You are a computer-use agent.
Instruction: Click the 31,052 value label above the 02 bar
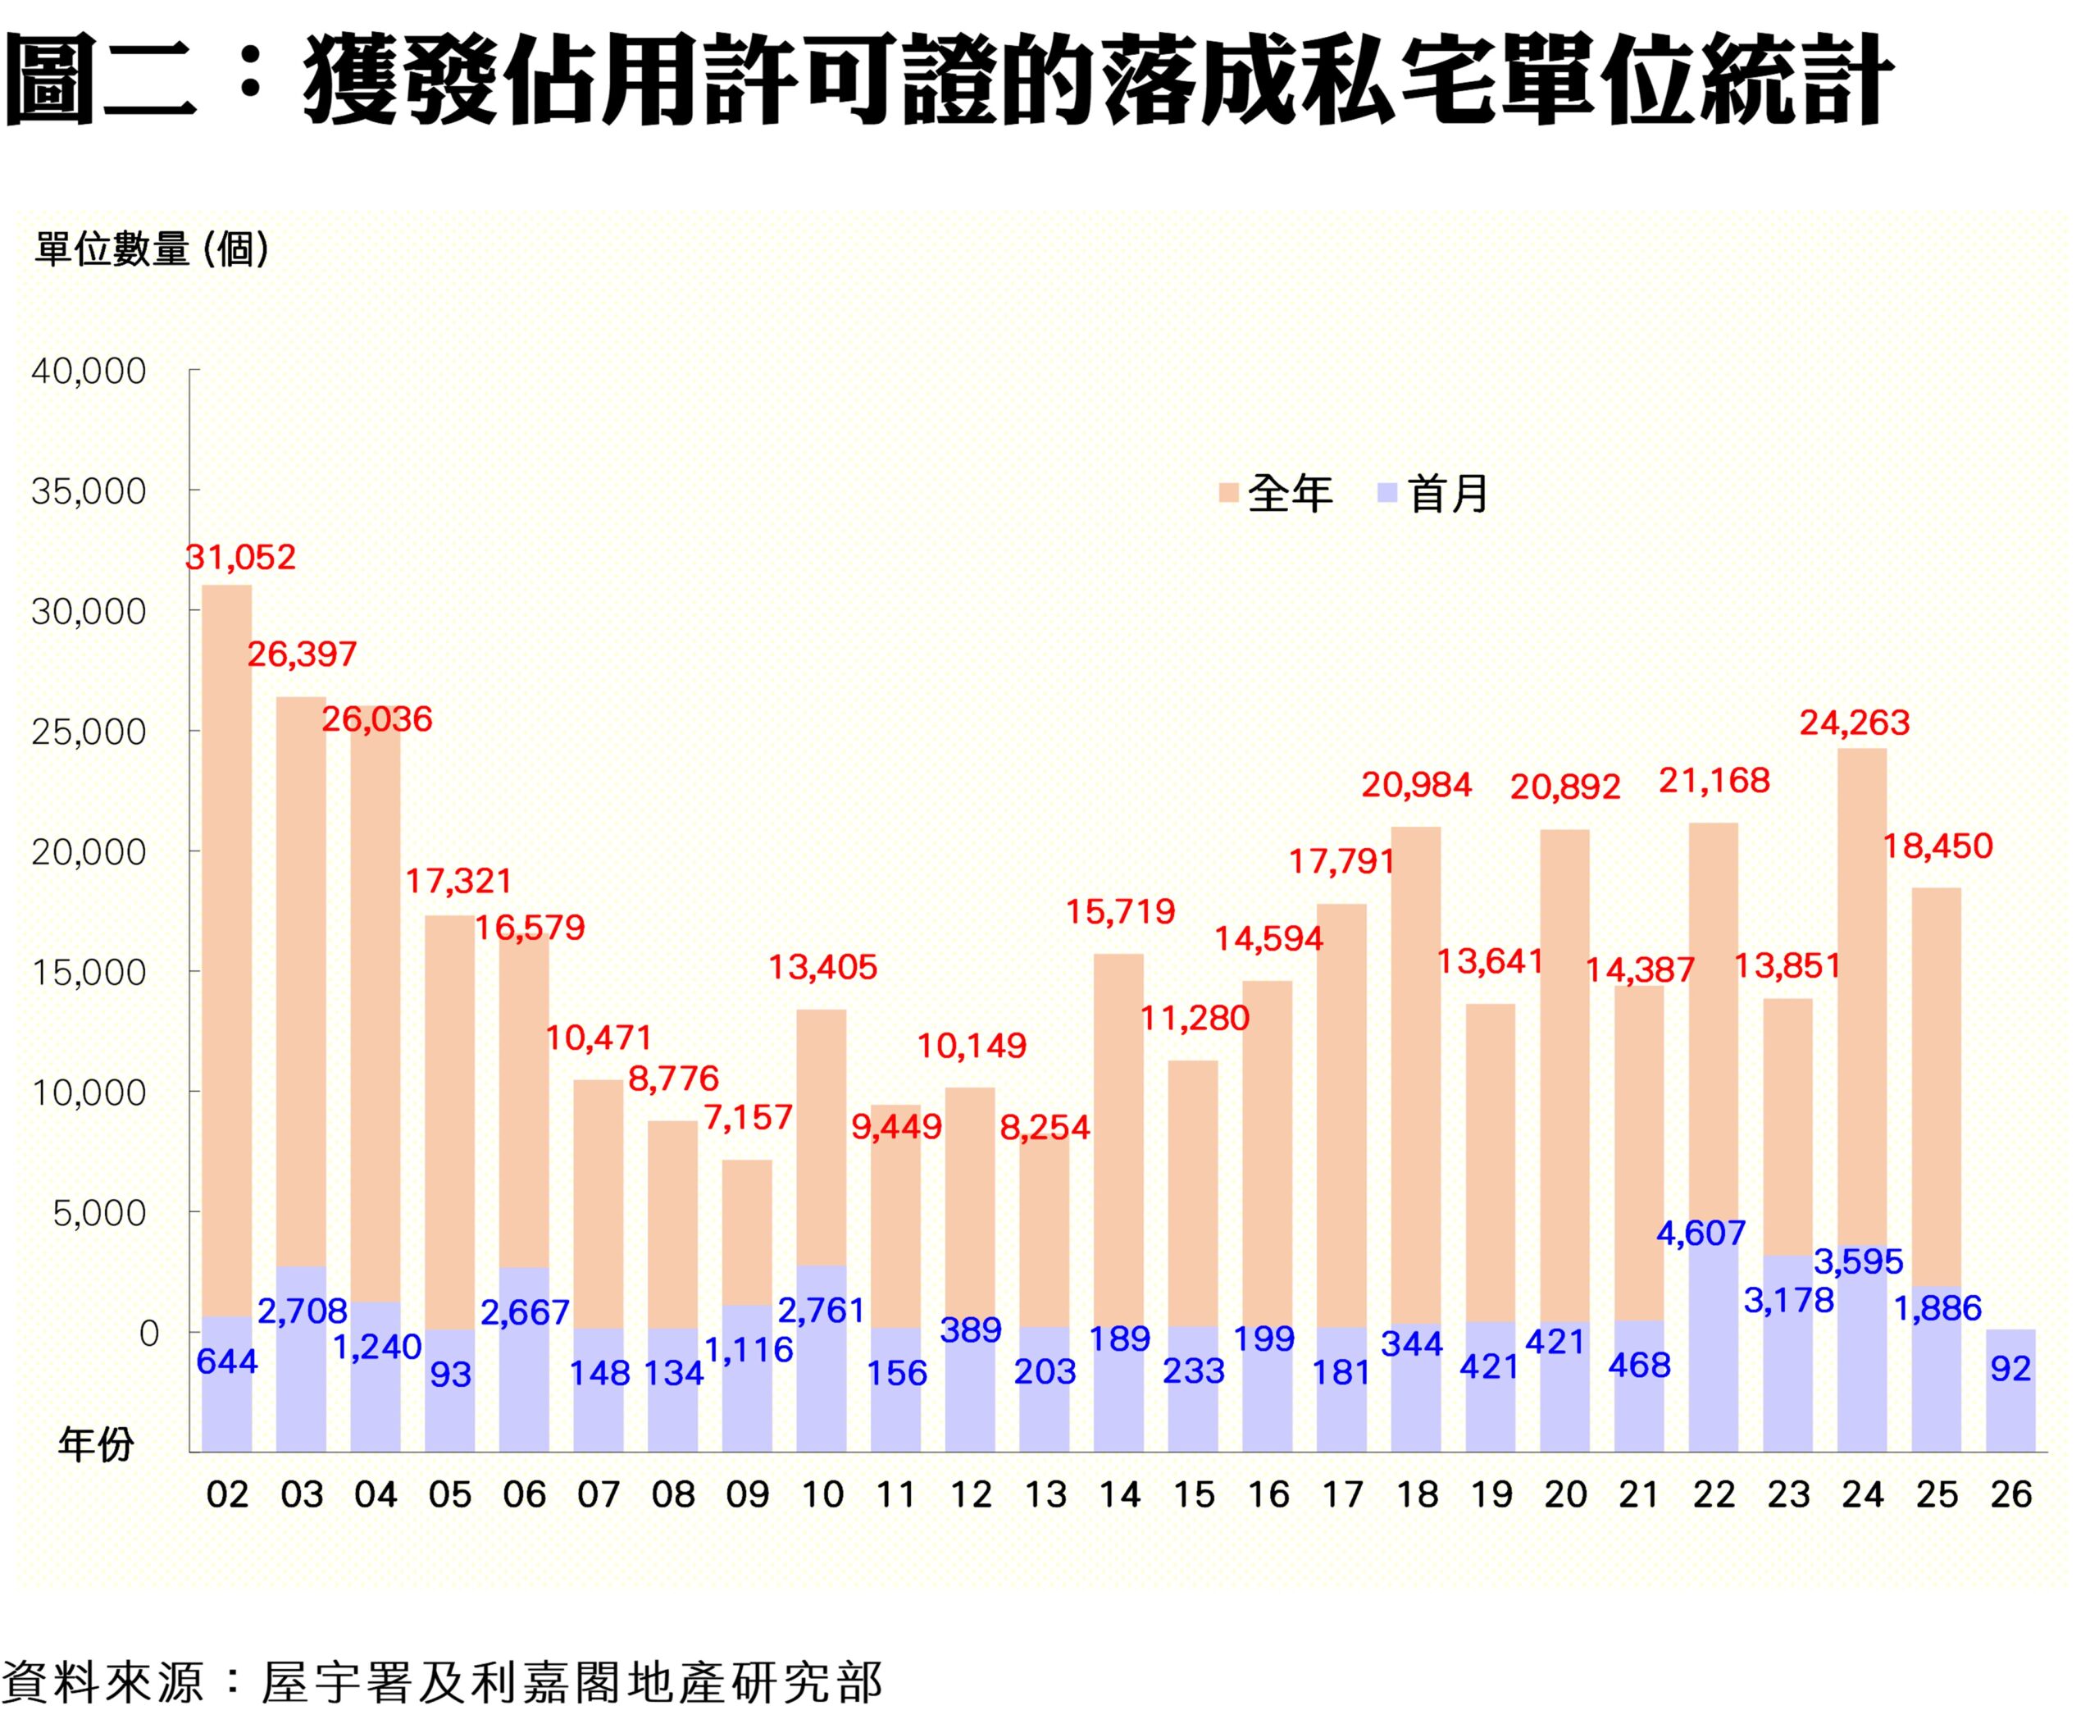click(x=241, y=557)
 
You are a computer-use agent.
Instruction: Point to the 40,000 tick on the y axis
click(x=89, y=372)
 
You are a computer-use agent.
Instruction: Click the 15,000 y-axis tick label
click(x=89, y=972)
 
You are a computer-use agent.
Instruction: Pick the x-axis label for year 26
click(x=2010, y=1494)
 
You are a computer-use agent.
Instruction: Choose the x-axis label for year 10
click(x=822, y=1494)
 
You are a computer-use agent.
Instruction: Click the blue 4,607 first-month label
click(x=1701, y=1234)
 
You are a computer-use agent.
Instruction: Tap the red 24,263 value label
click(x=1855, y=723)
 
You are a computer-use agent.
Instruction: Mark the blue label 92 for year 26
click(x=2010, y=1370)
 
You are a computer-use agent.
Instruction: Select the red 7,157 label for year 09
click(x=748, y=1118)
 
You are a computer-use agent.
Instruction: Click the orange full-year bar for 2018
click(x=1416, y=1073)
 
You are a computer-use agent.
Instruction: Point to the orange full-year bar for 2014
click(x=1119, y=1142)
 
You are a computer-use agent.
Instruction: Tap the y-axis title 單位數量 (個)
click(x=152, y=249)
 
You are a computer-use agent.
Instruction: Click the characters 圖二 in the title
click(x=99, y=80)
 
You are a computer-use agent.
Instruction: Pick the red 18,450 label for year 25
click(x=1938, y=847)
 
